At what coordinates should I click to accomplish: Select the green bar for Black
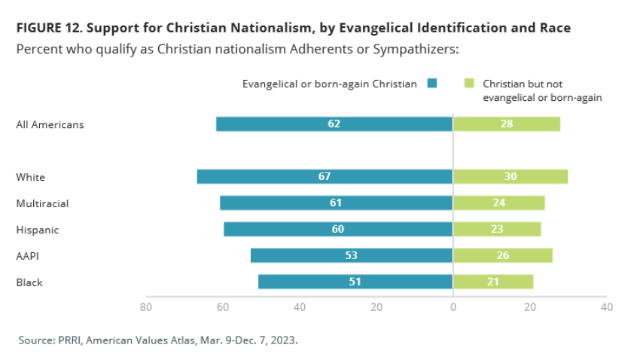493,282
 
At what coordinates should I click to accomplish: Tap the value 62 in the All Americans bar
334,124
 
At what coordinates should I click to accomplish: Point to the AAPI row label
28,256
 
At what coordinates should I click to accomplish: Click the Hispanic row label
37,230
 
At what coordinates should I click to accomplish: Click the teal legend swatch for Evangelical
431,84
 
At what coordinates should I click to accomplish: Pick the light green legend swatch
469,84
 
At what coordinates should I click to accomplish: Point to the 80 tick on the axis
145,307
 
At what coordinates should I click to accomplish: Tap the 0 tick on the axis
453,307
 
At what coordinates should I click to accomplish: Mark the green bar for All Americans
506,124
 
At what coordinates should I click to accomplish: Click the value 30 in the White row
510,177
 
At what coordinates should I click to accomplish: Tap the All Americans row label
50,124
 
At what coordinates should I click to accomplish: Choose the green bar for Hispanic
497,230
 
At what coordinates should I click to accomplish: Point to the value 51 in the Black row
355,282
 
